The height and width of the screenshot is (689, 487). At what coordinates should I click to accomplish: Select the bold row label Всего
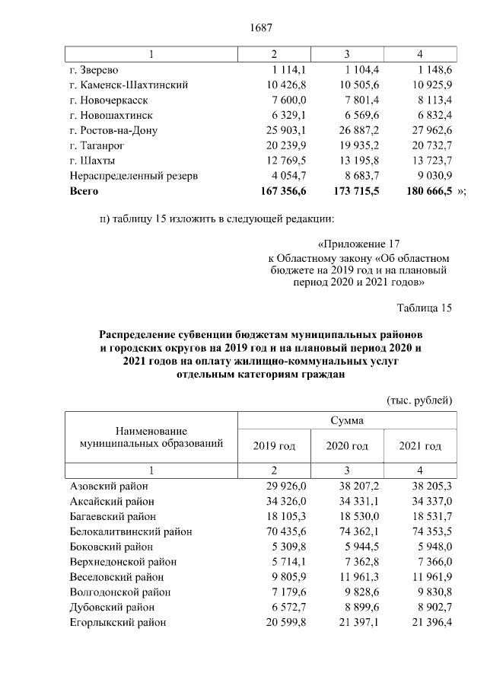[x=84, y=191]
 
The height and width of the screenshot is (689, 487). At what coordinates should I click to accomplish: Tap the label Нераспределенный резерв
[x=133, y=176]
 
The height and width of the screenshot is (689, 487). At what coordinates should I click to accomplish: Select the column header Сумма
[x=346, y=420]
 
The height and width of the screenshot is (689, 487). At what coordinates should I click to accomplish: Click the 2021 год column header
[x=420, y=445]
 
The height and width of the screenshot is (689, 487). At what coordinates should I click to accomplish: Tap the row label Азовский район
[x=109, y=486]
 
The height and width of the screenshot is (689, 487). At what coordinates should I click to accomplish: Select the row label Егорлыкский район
[x=118, y=623]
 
